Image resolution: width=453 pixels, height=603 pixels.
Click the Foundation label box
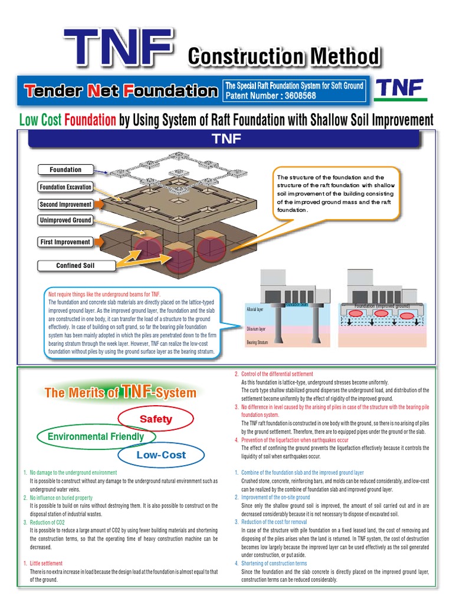[x=65, y=170]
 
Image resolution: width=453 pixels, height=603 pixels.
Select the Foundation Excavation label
[x=65, y=187]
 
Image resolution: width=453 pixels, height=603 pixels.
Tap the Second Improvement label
[x=65, y=204]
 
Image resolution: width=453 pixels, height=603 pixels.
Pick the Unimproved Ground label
[x=65, y=220]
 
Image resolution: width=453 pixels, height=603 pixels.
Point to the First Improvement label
[x=65, y=242]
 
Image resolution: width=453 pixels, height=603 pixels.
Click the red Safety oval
[x=156, y=419]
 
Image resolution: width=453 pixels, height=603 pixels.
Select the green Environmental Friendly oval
[x=96, y=437]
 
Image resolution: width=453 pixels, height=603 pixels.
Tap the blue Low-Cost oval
[x=161, y=455]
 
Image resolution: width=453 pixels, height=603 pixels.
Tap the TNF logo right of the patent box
[x=401, y=89]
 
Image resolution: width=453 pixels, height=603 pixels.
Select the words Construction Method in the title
[x=283, y=57]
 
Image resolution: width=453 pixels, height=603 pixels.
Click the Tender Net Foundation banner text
[x=120, y=91]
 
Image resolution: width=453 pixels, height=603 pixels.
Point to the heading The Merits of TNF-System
[x=120, y=392]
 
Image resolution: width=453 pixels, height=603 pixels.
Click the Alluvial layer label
[x=254, y=309]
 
